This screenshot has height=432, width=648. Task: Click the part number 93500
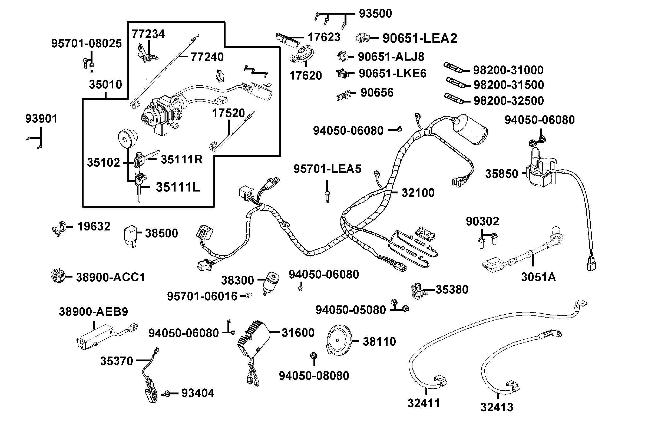tap(375, 14)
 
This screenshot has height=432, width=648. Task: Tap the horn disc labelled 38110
tap(338, 341)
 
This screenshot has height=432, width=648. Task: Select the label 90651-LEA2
tap(420, 38)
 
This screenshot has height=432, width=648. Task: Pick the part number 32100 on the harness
tap(418, 193)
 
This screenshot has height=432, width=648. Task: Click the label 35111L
tap(178, 187)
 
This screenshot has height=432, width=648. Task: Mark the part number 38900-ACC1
tap(110, 277)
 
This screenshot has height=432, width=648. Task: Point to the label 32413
tap(497, 407)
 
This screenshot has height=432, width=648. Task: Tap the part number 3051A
tap(538, 277)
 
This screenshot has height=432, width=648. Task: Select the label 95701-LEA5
tap(327, 169)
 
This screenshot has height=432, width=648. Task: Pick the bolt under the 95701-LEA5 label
tap(327, 197)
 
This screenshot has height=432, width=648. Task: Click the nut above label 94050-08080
tap(313, 355)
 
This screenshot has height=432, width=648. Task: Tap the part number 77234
tap(148, 34)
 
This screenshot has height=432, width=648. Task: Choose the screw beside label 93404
tap(167, 394)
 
